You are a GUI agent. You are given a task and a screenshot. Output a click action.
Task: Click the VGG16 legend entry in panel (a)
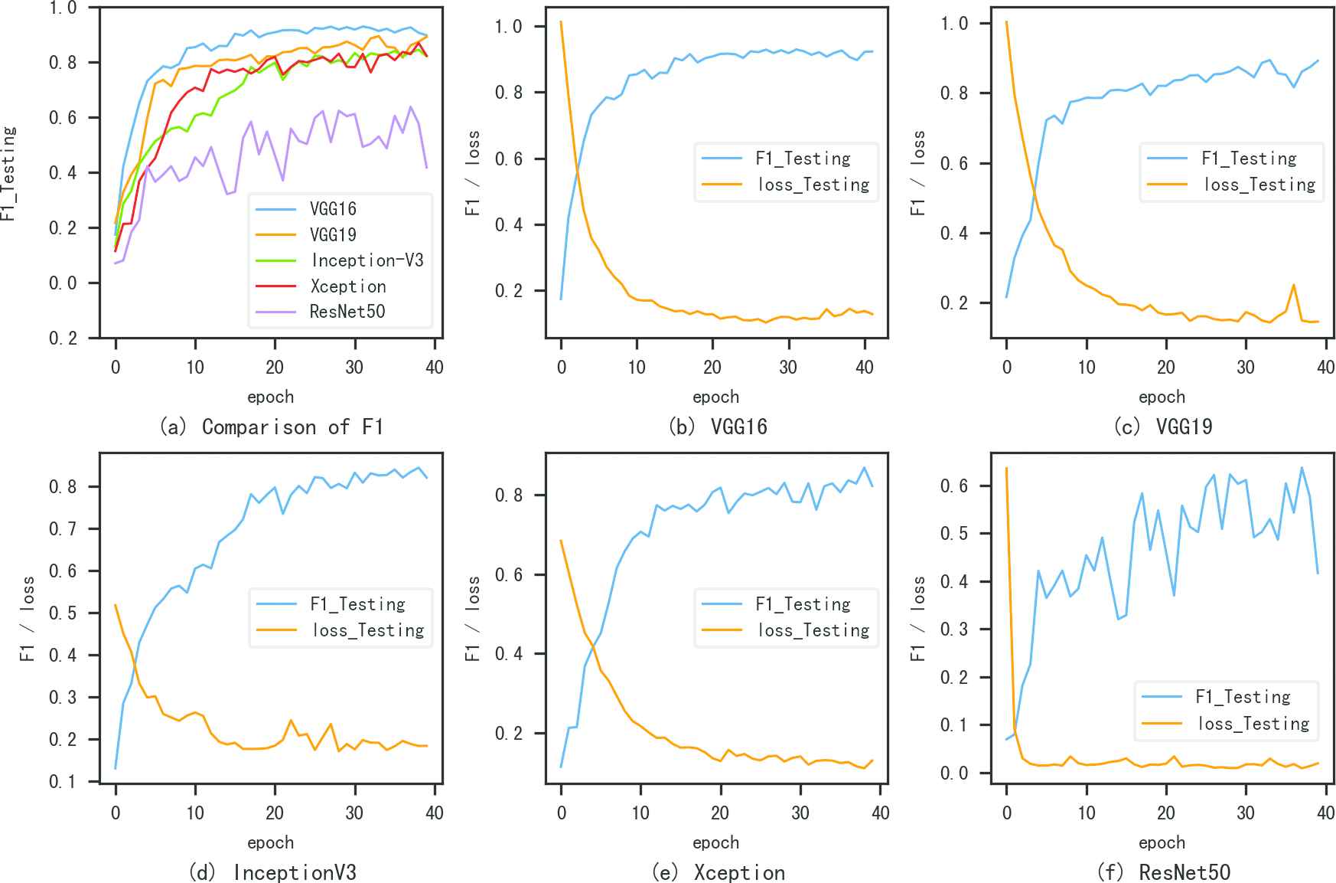(x=333, y=209)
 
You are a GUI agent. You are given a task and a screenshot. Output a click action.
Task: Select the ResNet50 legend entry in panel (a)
(x=347, y=312)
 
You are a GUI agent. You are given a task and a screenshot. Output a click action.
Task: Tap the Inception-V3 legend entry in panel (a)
(x=367, y=260)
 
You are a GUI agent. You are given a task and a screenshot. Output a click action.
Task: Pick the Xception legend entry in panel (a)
(x=348, y=286)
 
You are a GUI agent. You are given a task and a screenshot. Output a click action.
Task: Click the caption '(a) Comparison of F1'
(x=271, y=427)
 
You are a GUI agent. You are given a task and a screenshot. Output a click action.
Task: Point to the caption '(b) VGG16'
(x=717, y=427)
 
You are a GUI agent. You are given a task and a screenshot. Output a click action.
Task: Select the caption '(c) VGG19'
(x=1162, y=427)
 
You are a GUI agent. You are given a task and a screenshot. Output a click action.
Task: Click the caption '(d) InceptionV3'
(x=272, y=872)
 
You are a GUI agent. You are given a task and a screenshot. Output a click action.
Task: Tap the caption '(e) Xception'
(x=718, y=872)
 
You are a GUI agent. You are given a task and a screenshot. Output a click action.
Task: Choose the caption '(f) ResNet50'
(x=1163, y=872)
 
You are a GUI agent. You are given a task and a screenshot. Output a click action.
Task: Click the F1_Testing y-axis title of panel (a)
(x=8, y=173)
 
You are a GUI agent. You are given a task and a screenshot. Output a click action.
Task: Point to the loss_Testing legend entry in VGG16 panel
(x=813, y=185)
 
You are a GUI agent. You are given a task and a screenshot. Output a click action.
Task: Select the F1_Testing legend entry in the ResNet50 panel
(x=1243, y=697)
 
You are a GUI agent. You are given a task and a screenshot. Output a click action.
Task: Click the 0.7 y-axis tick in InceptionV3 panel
(x=63, y=529)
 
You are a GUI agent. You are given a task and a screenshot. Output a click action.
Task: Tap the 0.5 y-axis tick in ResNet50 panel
(x=953, y=534)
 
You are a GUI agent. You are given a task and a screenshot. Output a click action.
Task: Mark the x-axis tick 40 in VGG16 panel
(x=864, y=368)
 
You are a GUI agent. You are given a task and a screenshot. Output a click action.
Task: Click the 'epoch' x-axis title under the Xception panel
(x=716, y=842)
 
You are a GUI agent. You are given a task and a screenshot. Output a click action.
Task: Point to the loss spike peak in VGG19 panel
(x=1294, y=286)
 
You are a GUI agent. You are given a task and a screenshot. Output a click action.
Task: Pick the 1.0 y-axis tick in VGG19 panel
(x=953, y=24)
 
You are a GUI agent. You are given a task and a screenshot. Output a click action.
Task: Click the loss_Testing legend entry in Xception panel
(x=813, y=630)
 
